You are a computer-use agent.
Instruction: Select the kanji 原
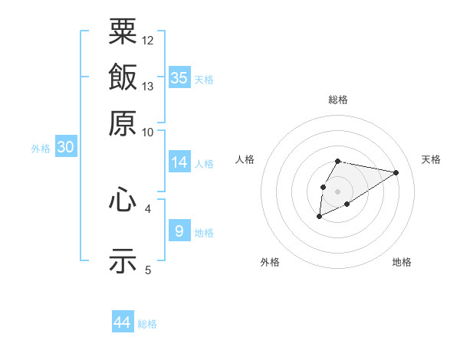pos(123,123)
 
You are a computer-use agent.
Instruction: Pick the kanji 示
pos(123,259)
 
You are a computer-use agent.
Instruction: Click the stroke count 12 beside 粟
pos(148,39)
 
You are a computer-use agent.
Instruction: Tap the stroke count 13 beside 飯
pos(148,86)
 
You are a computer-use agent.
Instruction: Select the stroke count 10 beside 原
pos(148,132)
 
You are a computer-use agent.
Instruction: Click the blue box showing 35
pos(179,77)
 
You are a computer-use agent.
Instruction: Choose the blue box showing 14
pos(179,162)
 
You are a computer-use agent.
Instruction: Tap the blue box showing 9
pos(179,231)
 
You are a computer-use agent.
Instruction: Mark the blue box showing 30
pos(65,147)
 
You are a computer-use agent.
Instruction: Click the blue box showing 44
pos(123,322)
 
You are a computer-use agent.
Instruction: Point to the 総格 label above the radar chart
pos(338,100)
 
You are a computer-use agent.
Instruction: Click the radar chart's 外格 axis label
pos(270,262)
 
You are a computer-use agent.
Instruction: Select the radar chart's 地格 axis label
pos(402,262)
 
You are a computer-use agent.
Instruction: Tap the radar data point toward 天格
pos(396,172)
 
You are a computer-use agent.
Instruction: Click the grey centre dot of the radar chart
pos(337,190)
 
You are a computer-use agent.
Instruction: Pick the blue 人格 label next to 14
pos(205,163)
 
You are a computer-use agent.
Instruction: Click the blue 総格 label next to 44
pos(147,324)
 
